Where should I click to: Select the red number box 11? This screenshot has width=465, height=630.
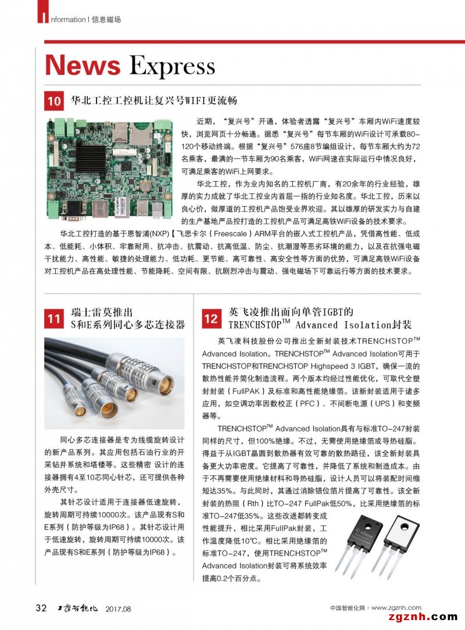(54, 318)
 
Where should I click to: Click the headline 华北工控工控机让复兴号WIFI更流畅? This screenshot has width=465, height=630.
(154, 100)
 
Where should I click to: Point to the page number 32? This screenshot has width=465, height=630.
(41, 608)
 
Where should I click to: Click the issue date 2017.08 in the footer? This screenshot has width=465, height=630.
(119, 609)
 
